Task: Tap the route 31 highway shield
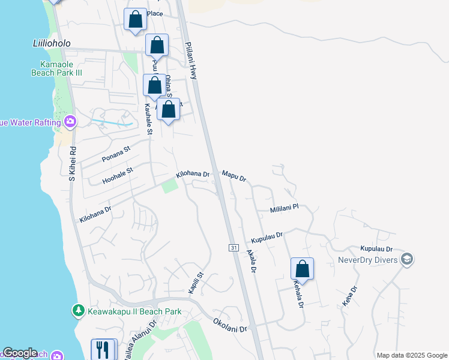point(234,248)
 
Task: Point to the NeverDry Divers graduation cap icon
point(407,259)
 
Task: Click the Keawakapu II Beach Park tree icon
point(77,310)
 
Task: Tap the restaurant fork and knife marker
point(103,349)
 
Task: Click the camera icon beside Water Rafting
point(71,122)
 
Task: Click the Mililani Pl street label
point(284,207)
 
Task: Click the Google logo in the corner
point(20,353)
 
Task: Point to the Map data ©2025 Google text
point(412,355)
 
